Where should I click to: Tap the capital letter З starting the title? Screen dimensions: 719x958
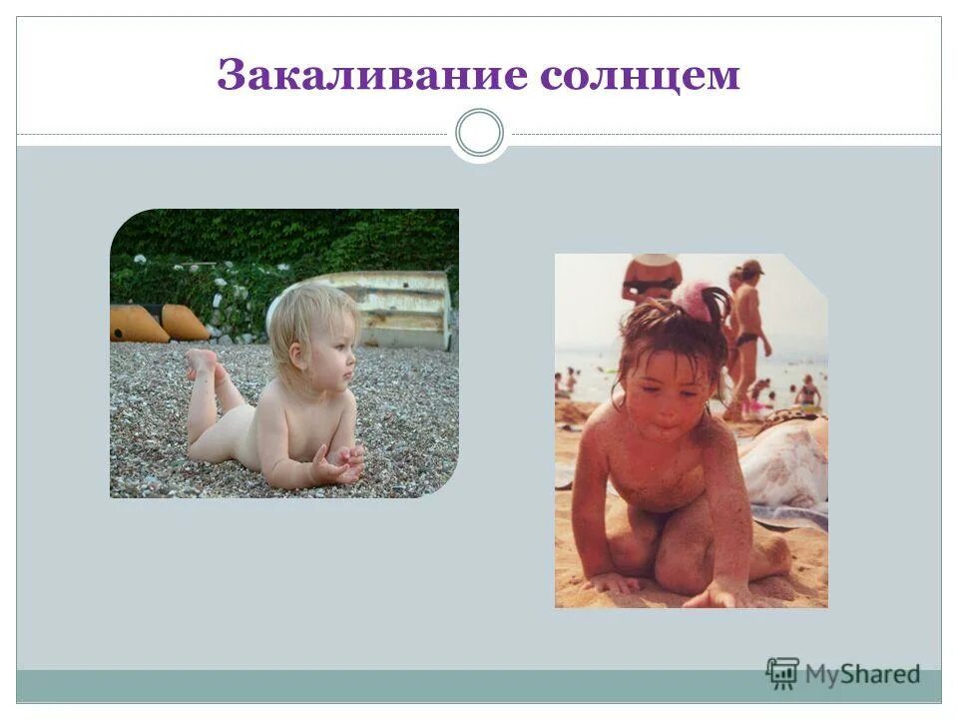pos(231,77)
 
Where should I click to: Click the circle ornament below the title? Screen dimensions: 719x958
pos(479,134)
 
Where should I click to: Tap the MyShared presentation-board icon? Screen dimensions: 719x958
pos(783,673)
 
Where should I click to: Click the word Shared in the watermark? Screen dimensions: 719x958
pos(880,675)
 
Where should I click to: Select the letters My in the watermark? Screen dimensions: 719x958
pos(823,676)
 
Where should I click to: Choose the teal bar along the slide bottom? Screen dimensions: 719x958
pos(399,686)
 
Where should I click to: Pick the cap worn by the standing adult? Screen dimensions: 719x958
pos(751,267)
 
